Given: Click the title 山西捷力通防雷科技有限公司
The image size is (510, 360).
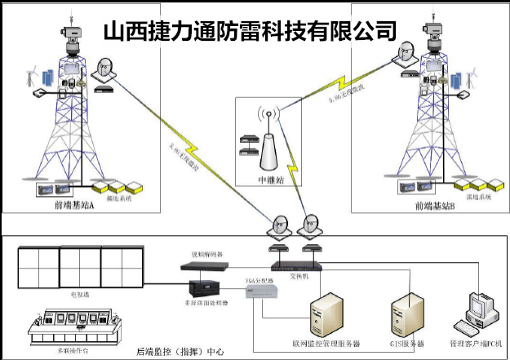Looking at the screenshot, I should (x=251, y=31).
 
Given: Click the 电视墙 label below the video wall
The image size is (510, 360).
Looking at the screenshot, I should (x=80, y=291).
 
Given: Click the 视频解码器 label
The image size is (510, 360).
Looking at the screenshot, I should (x=205, y=256).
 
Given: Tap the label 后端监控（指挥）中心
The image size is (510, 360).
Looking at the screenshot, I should (x=180, y=352).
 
